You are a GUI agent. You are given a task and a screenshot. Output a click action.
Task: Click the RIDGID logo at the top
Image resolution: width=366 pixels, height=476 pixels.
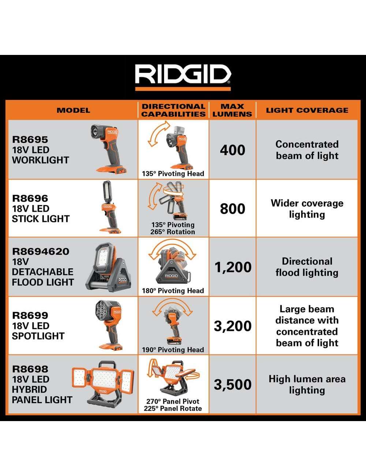click(x=183, y=74)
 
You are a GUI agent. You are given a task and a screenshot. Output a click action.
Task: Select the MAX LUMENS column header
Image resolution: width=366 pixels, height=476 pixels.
click(x=232, y=110)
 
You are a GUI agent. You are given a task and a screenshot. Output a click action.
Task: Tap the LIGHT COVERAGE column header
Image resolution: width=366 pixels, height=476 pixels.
click(x=307, y=110)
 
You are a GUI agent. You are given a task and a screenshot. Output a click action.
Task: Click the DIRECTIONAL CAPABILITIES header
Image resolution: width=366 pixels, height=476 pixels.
click(x=173, y=110)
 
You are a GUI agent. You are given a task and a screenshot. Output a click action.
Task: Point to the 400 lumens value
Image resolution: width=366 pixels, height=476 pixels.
click(x=232, y=150)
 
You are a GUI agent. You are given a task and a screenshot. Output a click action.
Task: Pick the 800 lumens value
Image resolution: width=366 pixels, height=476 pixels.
click(x=232, y=209)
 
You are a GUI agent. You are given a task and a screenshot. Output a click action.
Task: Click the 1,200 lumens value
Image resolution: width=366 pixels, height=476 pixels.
click(x=233, y=267)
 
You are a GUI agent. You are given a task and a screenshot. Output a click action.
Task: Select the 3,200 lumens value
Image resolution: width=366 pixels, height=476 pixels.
click(x=233, y=326)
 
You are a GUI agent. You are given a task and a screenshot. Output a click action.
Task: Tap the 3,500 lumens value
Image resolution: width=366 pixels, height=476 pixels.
click(x=233, y=385)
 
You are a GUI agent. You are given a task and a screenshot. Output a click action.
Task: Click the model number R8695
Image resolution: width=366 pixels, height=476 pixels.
click(x=30, y=140)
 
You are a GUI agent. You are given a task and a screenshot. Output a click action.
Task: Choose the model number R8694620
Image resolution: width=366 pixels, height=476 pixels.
click(x=41, y=251)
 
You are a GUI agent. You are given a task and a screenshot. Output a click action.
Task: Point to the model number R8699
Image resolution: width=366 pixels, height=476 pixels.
click(x=30, y=315)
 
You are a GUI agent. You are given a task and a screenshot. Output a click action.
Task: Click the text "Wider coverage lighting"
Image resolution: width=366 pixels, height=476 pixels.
click(x=307, y=209)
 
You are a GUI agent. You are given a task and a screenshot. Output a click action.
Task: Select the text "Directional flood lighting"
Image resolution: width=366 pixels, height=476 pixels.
click(x=307, y=267)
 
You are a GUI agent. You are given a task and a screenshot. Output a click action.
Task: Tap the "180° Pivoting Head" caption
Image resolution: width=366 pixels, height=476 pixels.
click(x=173, y=291)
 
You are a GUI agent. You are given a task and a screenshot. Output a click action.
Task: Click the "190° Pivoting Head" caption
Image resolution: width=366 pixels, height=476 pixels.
click(x=173, y=350)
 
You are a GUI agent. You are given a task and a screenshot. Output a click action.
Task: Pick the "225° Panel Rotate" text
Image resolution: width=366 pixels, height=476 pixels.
click(x=173, y=408)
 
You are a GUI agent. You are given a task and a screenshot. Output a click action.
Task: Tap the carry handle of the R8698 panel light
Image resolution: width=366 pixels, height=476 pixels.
click(x=107, y=365)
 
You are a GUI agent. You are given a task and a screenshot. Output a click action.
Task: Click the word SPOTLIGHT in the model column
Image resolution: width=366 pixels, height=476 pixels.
click(x=38, y=336)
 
